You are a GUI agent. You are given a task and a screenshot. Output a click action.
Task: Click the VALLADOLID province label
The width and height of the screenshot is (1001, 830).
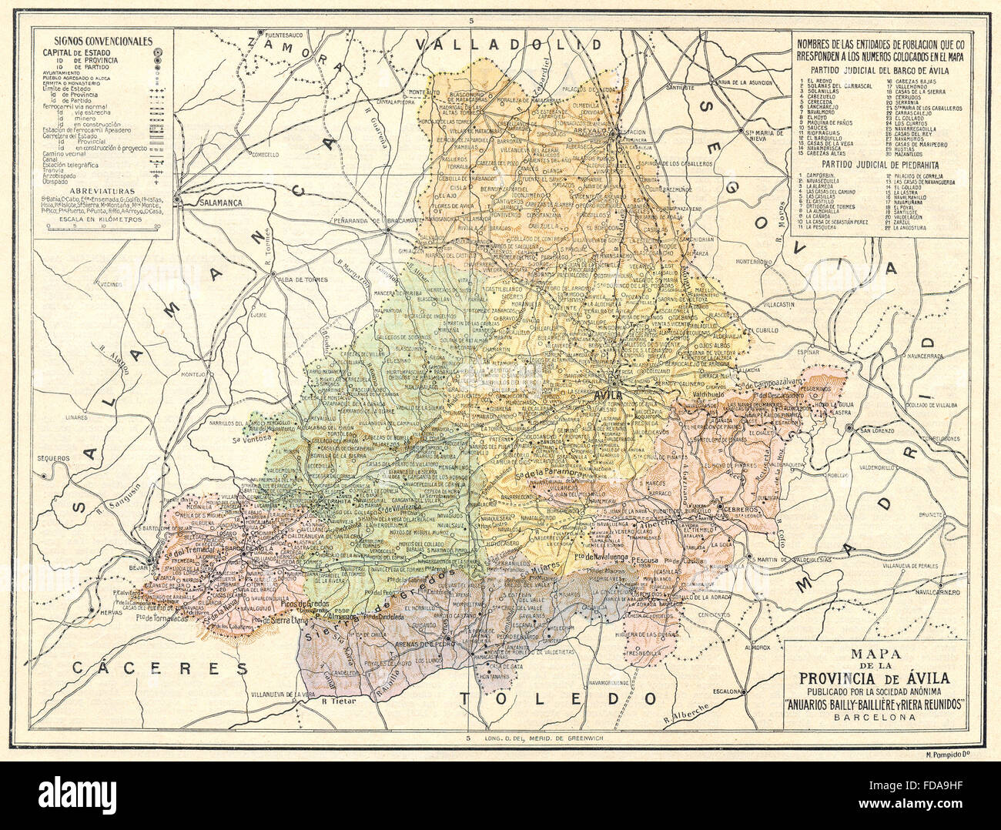(507, 45)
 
